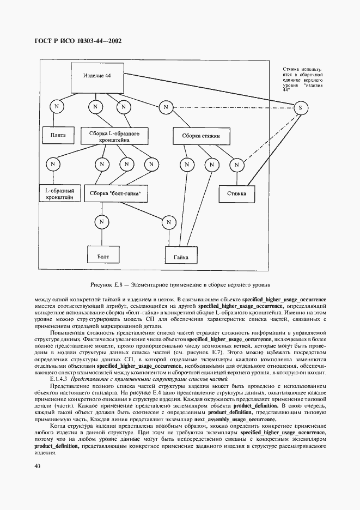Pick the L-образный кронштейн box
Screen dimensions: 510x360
tap(59, 193)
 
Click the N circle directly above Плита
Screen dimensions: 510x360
tap(55, 107)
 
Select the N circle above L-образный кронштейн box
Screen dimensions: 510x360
tap(52, 163)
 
